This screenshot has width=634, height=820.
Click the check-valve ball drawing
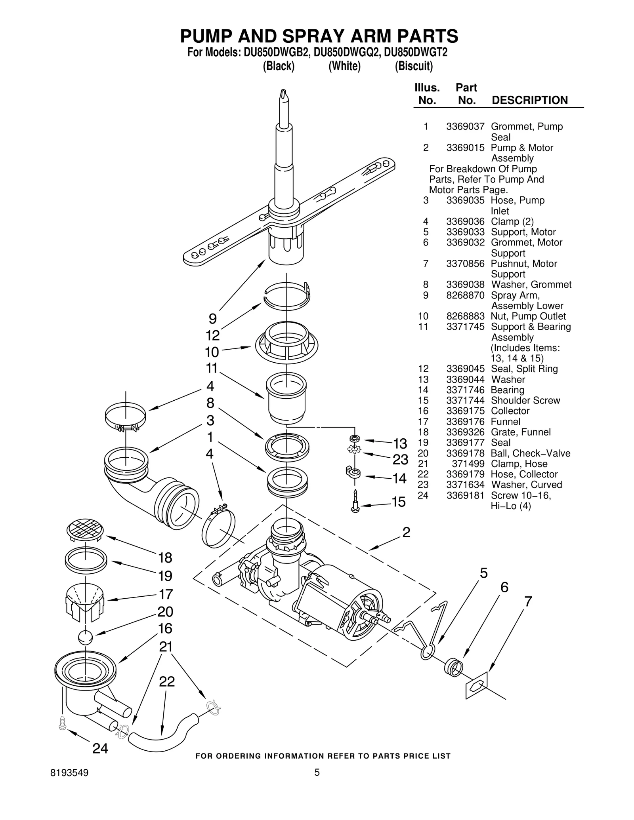pos(85,637)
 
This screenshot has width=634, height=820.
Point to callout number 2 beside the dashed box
pos(406,533)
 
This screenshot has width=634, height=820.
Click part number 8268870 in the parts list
pos(465,295)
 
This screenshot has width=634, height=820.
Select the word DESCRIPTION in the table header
pos(529,100)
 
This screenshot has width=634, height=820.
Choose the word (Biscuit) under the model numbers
pos(414,66)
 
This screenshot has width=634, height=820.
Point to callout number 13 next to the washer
pos(400,443)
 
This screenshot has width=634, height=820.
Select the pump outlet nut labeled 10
pos(286,342)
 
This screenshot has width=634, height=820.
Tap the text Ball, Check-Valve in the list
pos(530,453)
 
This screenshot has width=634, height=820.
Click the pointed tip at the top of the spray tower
pos(284,95)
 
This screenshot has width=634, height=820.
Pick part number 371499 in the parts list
pos(468,464)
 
